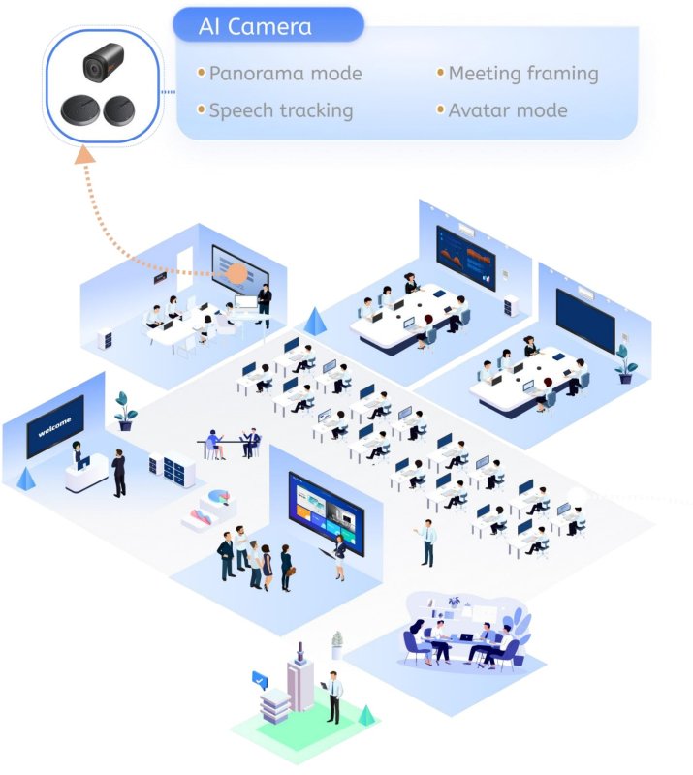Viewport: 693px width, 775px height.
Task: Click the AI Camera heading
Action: pos(255,27)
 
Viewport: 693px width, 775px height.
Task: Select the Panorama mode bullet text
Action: pos(285,74)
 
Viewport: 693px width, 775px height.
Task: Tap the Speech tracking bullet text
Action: pos(281,110)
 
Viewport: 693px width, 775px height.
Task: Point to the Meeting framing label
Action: pos(523,74)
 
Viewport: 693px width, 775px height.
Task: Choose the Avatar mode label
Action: pos(508,110)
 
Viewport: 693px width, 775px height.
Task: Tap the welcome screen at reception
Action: pos(55,425)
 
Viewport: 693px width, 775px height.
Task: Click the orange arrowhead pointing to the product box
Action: pos(84,155)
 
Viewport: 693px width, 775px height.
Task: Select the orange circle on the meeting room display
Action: pos(236,273)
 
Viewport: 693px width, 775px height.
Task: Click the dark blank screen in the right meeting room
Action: pos(585,322)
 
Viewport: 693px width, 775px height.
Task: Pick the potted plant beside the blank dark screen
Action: pos(626,364)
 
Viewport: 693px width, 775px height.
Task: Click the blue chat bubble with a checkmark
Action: pos(260,680)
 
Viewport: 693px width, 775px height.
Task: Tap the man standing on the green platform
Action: pos(333,697)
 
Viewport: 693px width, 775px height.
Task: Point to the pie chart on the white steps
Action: pos(219,496)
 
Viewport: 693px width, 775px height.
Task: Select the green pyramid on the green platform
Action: pos(365,715)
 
